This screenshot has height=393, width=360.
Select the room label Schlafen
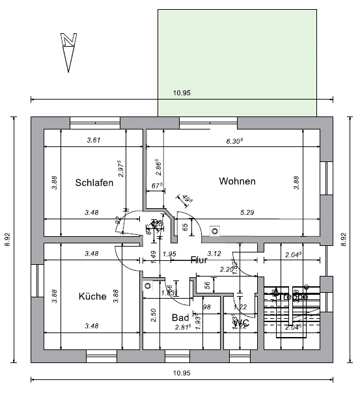94,182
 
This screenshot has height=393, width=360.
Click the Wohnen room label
237,181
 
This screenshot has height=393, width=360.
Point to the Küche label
92,296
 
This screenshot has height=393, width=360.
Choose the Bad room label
180,318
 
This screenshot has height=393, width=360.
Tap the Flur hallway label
199,260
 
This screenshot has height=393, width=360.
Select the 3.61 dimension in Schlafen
94,140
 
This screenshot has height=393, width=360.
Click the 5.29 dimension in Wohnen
247,212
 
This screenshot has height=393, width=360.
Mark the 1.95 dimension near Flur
169,253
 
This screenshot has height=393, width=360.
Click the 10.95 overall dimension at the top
182,93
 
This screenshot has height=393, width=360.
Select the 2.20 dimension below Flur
227,269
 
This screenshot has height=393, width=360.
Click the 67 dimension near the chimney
156,186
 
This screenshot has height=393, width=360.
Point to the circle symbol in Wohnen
215,229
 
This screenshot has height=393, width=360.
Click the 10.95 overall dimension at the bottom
182,373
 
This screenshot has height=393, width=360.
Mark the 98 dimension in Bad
207,307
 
